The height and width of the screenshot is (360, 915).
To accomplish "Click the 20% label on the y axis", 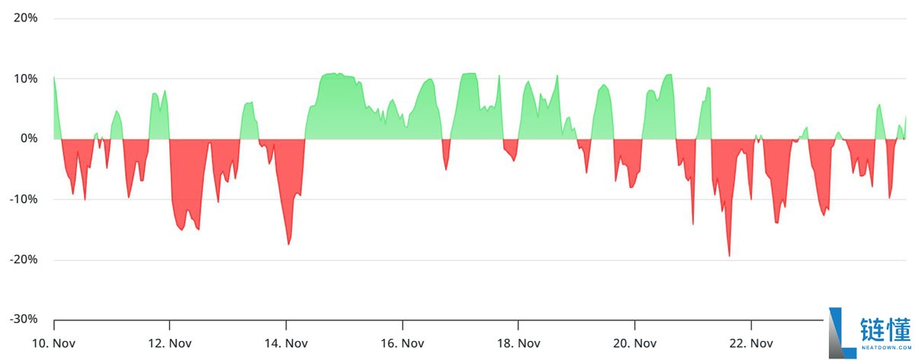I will coord(25,18).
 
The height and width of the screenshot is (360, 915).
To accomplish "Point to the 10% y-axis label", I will coord(25,78).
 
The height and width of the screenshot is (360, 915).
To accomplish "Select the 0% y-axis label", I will coord(29,138).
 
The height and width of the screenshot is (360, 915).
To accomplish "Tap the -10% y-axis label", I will coord(23,199).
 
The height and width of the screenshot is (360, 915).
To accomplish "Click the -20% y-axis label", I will coord(23,259).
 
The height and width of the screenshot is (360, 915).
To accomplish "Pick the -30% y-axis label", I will coord(23,320).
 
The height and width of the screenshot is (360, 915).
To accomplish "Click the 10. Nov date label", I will coord(53,343).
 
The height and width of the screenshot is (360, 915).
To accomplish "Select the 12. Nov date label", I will coord(169,343).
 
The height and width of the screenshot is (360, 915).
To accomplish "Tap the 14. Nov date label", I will coord(286,343).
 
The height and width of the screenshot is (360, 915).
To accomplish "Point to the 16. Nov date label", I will coord(402,343).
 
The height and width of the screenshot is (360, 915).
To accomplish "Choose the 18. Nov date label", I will coord(518,343).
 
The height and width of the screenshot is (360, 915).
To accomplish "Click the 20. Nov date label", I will coord(634,343).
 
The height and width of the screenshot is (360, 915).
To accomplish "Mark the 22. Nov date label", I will coord(751,343).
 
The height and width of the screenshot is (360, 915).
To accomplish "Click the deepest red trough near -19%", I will coord(729,255).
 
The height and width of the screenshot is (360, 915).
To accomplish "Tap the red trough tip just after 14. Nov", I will coord(288,243).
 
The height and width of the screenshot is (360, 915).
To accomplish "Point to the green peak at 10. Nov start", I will coord(54,77).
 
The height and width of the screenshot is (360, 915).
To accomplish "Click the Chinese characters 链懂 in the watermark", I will coord(885,329).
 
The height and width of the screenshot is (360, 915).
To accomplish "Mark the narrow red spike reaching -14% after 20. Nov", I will coord(693,223).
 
